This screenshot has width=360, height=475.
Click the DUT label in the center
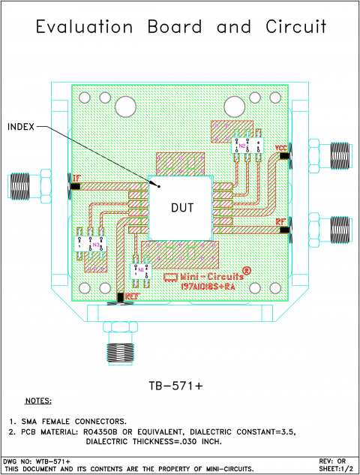pos(182,208)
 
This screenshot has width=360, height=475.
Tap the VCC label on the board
pos(280,148)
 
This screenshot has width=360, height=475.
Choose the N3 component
pos(90,245)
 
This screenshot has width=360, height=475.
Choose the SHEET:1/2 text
pos(335,467)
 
